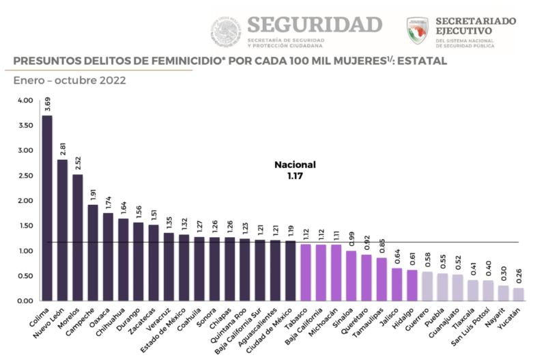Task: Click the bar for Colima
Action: tap(47, 208)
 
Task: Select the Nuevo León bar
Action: tap(62, 230)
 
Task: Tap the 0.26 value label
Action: tap(519, 277)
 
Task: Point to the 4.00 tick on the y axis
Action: tap(25, 100)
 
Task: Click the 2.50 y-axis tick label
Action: tap(25, 176)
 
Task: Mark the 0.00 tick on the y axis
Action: tap(25, 301)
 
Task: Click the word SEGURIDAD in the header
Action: tap(314, 24)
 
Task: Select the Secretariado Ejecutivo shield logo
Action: tap(417, 31)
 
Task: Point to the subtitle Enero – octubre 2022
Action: tap(69, 80)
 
